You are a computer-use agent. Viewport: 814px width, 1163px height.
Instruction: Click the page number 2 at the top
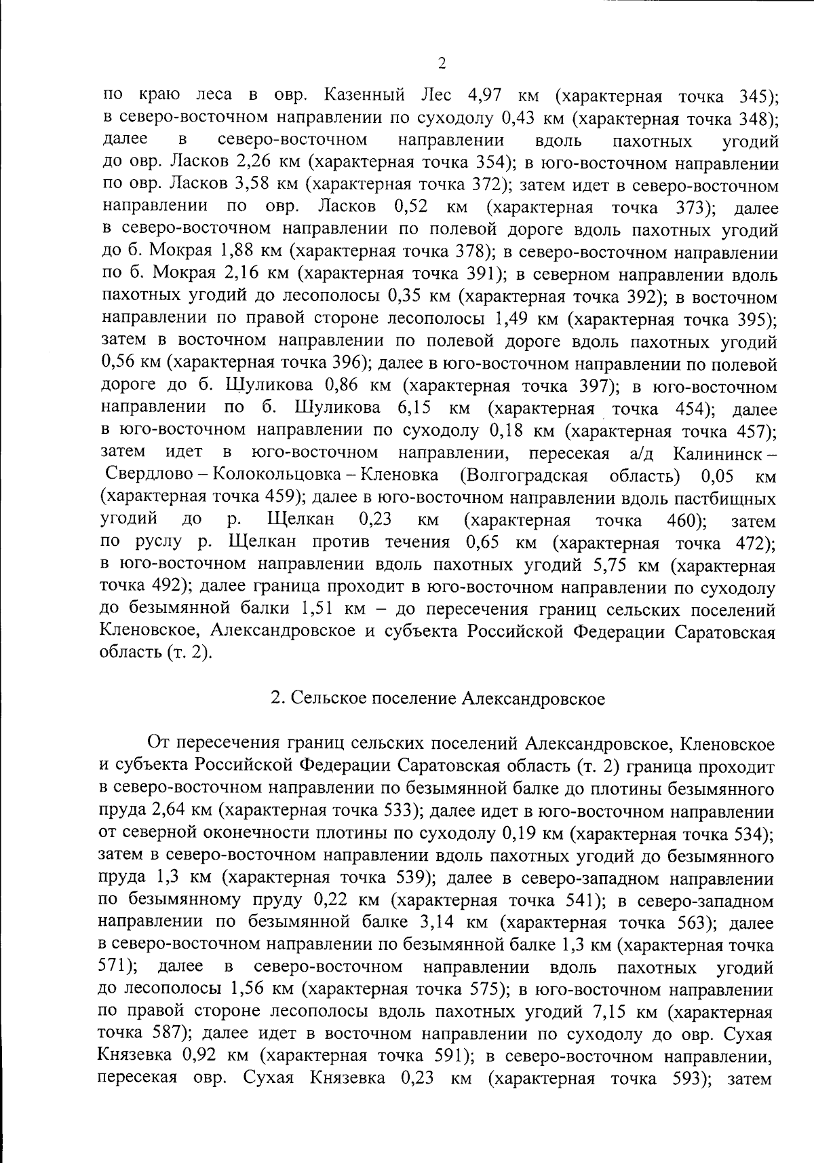point(442,64)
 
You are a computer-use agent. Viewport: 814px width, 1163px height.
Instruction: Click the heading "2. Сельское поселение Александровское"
point(438,699)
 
